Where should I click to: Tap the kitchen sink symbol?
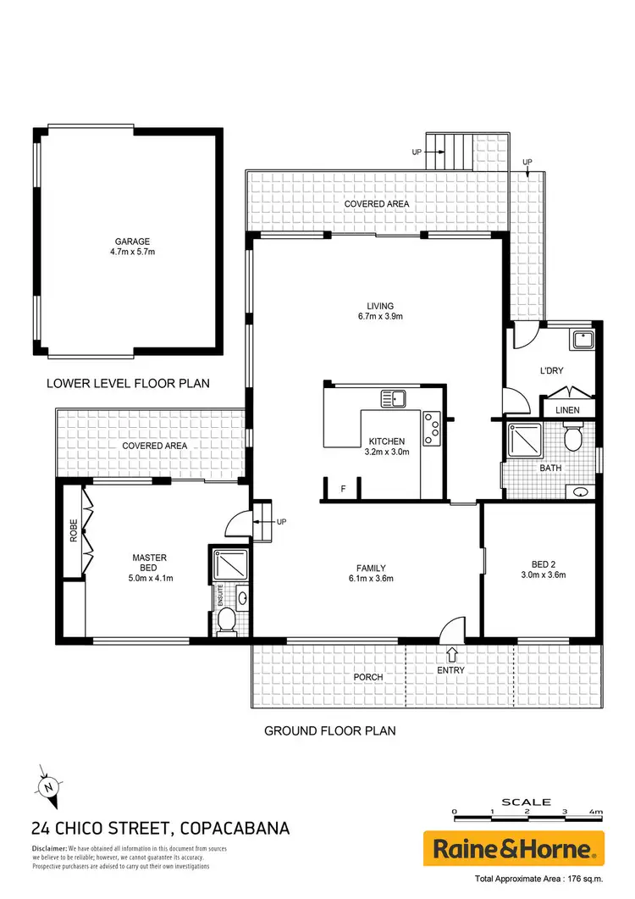pos(394,397)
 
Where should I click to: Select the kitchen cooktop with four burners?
pos(433,427)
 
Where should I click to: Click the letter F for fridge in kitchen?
pos(343,489)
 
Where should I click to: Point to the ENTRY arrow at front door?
pos(451,654)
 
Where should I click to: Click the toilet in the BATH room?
pos(572,439)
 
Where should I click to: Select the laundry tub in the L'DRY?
pos(582,341)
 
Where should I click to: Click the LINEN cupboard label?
pos(568,410)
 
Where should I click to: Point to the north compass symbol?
pos(48,785)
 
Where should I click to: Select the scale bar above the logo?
pos(527,812)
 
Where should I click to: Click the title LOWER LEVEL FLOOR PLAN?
pos(128,384)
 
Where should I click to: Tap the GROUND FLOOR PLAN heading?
pos(330,730)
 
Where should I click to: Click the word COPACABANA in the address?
pos(235,828)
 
